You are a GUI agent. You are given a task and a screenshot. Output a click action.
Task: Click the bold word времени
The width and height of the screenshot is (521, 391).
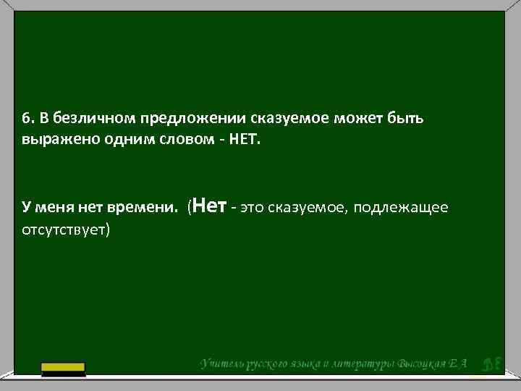141,209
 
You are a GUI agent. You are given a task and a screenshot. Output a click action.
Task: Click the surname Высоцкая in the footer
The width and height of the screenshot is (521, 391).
428,363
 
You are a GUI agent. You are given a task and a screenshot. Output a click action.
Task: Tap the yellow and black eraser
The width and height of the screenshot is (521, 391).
63,369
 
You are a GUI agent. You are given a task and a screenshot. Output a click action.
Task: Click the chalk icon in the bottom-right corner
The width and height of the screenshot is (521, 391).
490,364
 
